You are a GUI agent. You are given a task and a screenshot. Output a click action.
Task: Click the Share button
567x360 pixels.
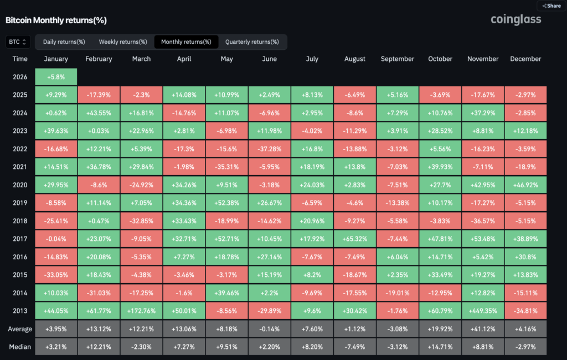coord(551,6)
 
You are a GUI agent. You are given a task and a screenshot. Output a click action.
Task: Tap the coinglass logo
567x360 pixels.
coord(516,20)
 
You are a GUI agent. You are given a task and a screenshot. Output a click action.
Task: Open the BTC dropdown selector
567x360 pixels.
coord(18,42)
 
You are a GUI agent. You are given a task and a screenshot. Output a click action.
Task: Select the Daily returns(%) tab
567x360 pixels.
coord(64,42)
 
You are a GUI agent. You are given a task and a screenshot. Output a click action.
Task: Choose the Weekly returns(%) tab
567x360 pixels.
coord(123,42)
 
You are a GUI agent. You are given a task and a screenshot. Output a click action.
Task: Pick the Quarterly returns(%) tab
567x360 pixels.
coord(252,42)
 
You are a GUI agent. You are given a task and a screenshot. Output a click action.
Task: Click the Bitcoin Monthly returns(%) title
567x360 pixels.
coord(56,20)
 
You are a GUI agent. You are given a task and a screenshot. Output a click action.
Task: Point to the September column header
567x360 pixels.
coord(398,59)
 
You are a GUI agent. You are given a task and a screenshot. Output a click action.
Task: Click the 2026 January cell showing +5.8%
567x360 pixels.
coord(56,76)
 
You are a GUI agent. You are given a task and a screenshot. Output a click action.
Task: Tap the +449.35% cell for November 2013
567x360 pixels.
coord(483,311)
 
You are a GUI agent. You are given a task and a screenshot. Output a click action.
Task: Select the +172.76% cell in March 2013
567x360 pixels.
coord(141,311)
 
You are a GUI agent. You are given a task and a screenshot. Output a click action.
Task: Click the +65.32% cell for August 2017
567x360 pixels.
coord(355,239)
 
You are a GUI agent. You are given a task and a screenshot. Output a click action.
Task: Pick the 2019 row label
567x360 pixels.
coord(20,203)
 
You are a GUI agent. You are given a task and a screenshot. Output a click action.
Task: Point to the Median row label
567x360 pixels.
coord(20,347)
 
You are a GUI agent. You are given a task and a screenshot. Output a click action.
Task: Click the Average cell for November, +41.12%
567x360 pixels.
coord(483,329)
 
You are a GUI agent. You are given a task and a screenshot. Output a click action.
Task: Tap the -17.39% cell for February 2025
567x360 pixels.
coord(99,95)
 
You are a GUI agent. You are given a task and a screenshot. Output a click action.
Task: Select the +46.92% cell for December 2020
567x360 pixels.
coord(525,184)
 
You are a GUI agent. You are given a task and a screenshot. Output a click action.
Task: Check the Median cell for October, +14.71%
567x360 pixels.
coord(440,347)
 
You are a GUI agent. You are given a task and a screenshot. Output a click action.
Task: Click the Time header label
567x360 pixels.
coord(20,59)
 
